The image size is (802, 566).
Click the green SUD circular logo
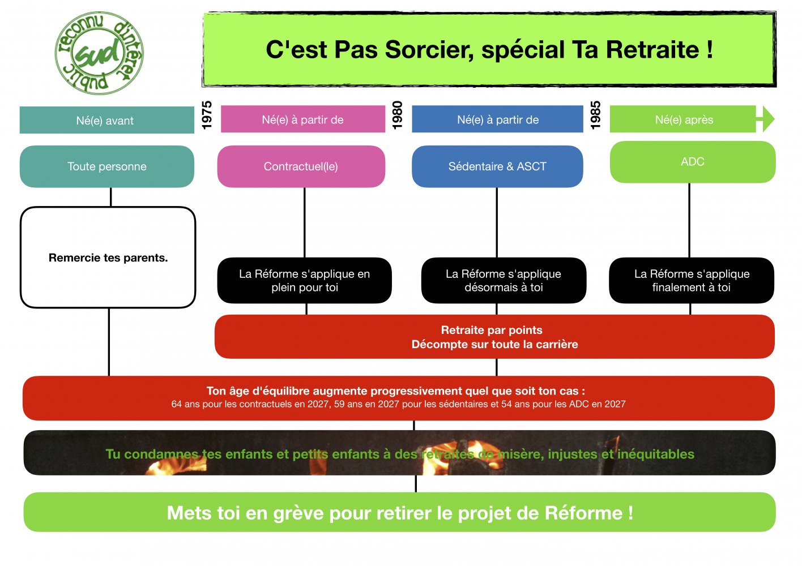[x=99, y=53]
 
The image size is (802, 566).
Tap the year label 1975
[x=207, y=115]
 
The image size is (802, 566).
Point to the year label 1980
[x=397, y=115]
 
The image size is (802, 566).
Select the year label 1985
[x=595, y=115]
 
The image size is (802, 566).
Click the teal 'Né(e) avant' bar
[x=106, y=121]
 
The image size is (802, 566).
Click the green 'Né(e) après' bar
[x=682, y=119]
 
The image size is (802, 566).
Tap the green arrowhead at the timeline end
[x=767, y=119]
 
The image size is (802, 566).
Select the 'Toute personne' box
[x=107, y=166]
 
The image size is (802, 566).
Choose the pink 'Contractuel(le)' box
[x=301, y=166]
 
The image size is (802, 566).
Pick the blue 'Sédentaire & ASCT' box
[x=497, y=166]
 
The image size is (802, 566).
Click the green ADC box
[x=692, y=162]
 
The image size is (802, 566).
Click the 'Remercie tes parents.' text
[x=108, y=258]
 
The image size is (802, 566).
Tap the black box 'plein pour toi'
[x=304, y=281]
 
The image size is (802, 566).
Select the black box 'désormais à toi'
[x=504, y=281]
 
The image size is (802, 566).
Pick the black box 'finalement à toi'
[x=692, y=281]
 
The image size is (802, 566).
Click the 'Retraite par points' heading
[x=492, y=330]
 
